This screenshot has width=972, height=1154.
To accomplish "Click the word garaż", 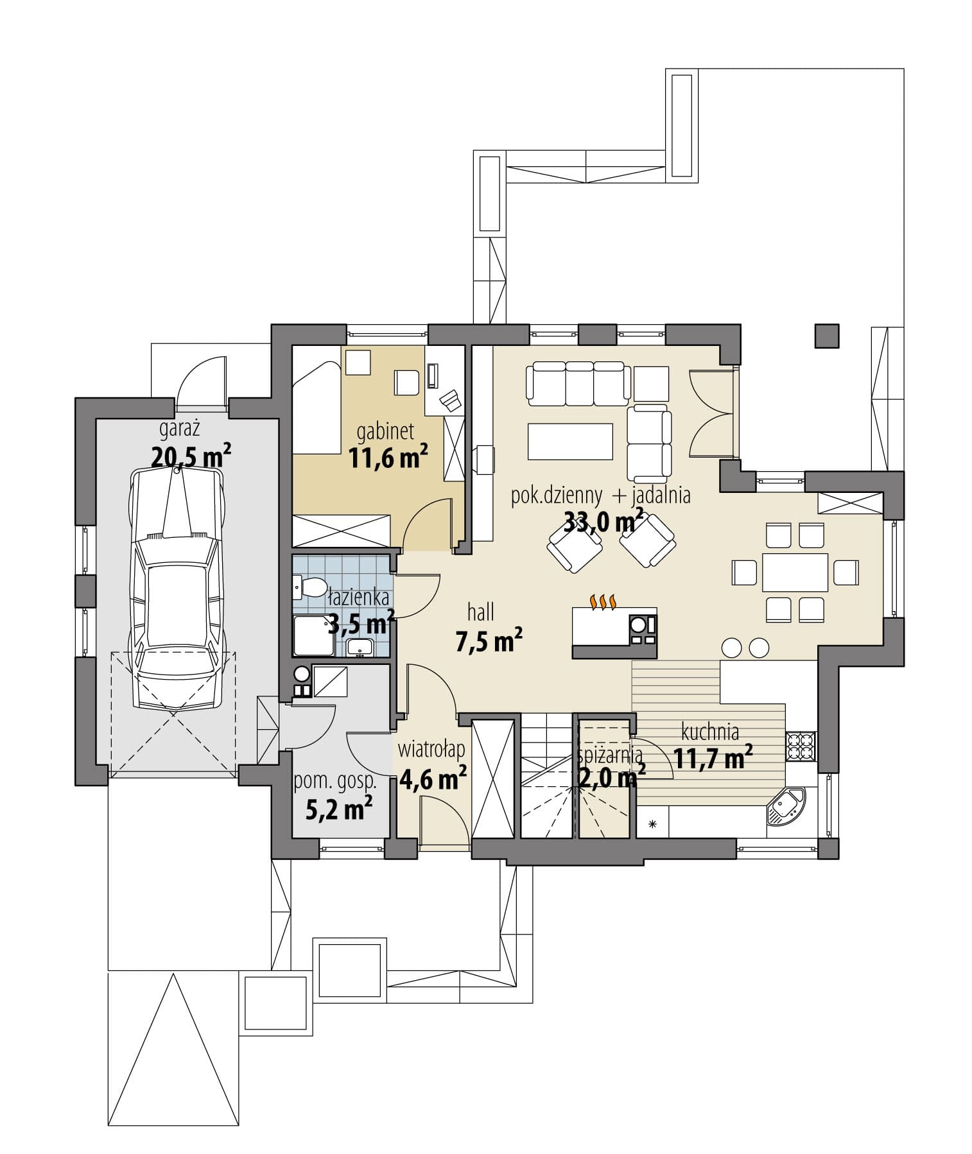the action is point(182,429).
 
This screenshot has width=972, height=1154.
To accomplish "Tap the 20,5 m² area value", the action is point(191,456).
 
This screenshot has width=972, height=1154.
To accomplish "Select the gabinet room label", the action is point(385,431).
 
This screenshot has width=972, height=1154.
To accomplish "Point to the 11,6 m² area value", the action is point(388,459).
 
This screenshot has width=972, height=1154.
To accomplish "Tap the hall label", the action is point(481,612).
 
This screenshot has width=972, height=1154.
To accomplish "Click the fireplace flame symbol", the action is point(603,601).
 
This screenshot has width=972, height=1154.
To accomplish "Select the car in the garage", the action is point(177,587).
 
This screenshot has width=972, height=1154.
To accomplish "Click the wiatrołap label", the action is point(431,750).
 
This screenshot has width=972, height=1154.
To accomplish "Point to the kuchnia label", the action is point(710,732).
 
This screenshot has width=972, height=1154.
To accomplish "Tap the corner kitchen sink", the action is point(785,805).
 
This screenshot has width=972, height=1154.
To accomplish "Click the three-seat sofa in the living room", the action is point(576,383).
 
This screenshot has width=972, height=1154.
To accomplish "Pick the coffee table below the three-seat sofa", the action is point(570,441).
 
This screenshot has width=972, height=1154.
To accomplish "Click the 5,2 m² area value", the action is point(339,809).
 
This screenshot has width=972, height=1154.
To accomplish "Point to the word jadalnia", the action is point(661,495).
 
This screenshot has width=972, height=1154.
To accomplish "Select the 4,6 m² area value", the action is point(433,778).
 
